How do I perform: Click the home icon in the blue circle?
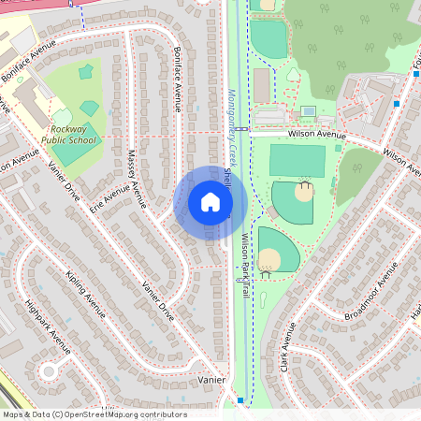(x=210, y=203)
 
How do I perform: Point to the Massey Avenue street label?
(x=138, y=172)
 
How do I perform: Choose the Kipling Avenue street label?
(x=85, y=291)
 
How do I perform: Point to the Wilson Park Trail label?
(x=245, y=266)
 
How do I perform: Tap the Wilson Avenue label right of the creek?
(x=316, y=134)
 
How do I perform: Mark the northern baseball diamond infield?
(x=304, y=193)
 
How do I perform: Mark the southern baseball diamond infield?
(x=269, y=259)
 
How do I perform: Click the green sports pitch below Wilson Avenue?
(x=297, y=159)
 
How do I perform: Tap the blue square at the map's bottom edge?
(x=240, y=400)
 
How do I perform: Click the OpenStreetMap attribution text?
(x=94, y=414)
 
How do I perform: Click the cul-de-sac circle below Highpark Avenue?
(x=49, y=371)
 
